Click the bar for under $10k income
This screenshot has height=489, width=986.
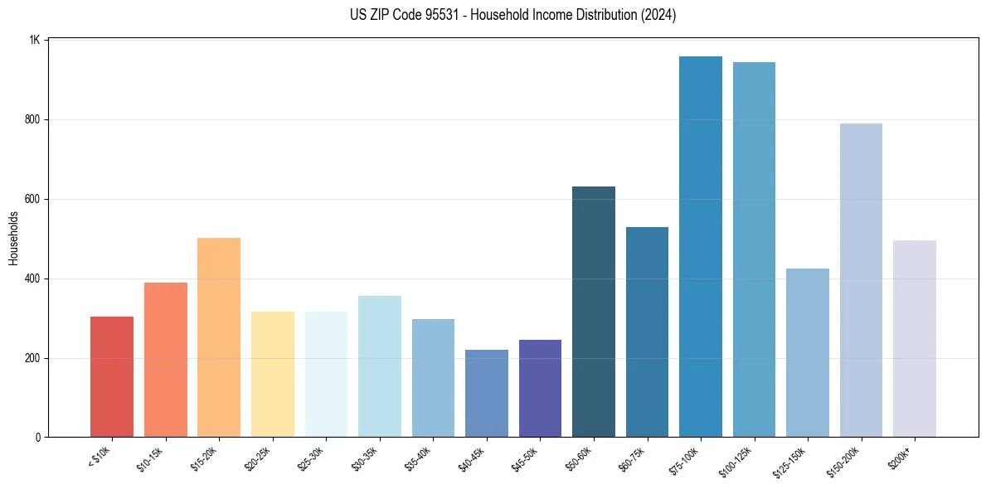coord(112,376)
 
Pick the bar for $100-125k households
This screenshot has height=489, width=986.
coord(754,249)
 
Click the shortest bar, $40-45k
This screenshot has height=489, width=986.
coord(487,393)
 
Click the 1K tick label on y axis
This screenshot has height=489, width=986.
coord(35,40)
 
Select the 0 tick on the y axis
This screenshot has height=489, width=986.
coord(38,438)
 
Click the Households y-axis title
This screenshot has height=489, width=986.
coord(13,238)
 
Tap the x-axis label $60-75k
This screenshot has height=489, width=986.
coord(632,458)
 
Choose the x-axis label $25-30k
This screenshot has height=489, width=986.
coord(311,458)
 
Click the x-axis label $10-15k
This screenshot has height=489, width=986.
coord(150,458)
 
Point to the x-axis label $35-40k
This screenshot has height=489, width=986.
coord(418,458)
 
